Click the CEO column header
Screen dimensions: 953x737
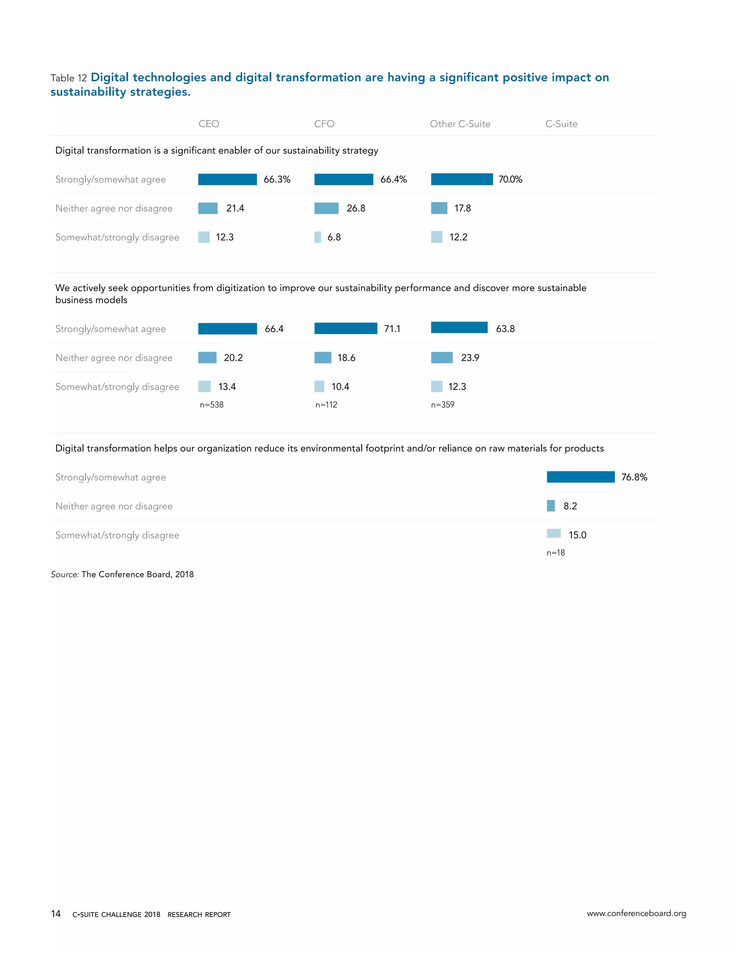(x=209, y=124)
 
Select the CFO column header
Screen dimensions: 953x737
(x=324, y=124)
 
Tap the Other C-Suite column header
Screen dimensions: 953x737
(x=460, y=124)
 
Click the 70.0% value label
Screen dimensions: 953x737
(x=510, y=179)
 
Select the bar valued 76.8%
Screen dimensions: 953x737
(x=580, y=477)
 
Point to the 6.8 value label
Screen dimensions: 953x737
(x=334, y=237)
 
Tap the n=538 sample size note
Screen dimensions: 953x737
(x=211, y=405)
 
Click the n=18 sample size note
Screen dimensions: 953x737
(x=555, y=553)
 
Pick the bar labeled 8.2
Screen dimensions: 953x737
(x=551, y=506)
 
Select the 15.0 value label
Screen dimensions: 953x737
(x=577, y=535)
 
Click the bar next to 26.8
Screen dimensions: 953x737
(x=326, y=209)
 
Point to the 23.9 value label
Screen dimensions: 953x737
(x=470, y=358)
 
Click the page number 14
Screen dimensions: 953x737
(x=56, y=914)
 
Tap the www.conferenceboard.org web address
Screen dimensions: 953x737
(x=636, y=913)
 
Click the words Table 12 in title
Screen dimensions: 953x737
(x=68, y=78)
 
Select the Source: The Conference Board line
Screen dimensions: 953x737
(x=122, y=574)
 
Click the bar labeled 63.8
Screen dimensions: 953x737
(x=459, y=328)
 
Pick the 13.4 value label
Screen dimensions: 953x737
(x=227, y=387)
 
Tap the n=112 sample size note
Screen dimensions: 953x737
(x=326, y=405)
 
